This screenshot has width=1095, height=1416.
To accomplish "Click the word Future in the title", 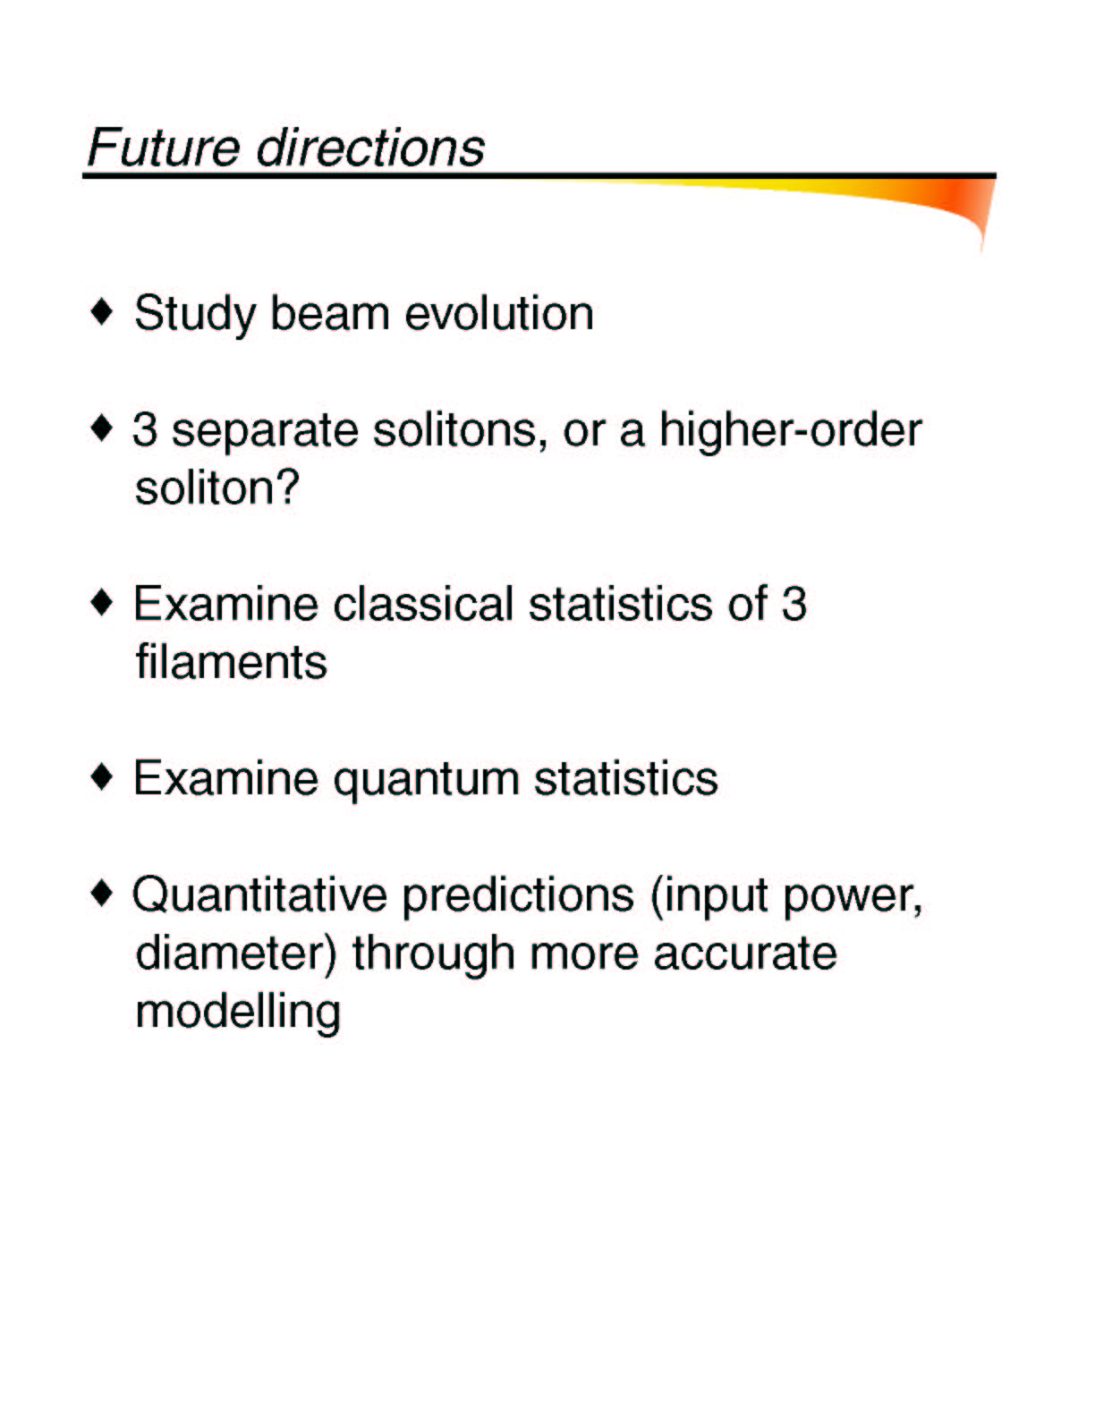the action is click(x=164, y=148).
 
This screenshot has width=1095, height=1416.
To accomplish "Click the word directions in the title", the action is click(x=370, y=148).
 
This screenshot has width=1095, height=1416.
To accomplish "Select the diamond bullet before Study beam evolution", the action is click(x=102, y=312).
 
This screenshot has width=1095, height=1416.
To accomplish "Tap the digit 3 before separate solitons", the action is click(x=145, y=430).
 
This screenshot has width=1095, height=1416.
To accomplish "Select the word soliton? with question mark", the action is click(x=216, y=488).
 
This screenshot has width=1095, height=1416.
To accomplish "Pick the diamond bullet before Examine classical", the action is click(x=102, y=603).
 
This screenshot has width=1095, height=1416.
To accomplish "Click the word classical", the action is click(x=423, y=604).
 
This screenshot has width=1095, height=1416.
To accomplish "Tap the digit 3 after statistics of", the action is click(x=794, y=604).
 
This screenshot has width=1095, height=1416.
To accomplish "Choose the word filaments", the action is click(x=231, y=662).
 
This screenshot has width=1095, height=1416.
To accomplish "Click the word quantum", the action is click(x=426, y=780).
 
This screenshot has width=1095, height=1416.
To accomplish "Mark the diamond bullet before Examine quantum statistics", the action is click(x=102, y=777).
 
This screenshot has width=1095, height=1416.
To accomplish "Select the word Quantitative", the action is click(x=259, y=895).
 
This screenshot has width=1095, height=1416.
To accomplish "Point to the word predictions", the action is click(x=518, y=896).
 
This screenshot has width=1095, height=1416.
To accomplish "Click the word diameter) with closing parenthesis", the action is click(x=236, y=954).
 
